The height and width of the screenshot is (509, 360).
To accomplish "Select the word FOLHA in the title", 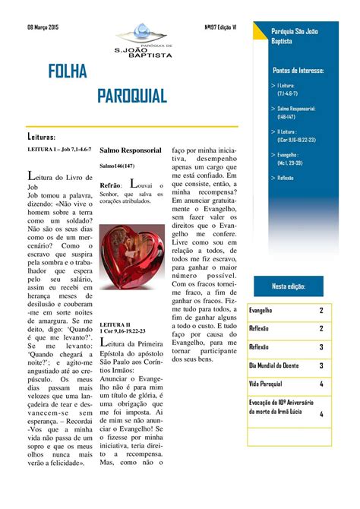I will (68, 71).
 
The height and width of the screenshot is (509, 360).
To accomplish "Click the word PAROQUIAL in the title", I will (132, 96).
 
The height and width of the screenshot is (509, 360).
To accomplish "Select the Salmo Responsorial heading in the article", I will (131, 150).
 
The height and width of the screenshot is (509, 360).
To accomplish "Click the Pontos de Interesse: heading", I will (298, 70).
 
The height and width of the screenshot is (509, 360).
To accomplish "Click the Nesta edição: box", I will (299, 286).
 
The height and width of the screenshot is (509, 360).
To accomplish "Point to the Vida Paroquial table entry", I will (266, 384).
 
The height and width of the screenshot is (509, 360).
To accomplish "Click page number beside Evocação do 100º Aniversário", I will (321, 414).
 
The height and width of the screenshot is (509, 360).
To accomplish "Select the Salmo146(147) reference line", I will (118, 166).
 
